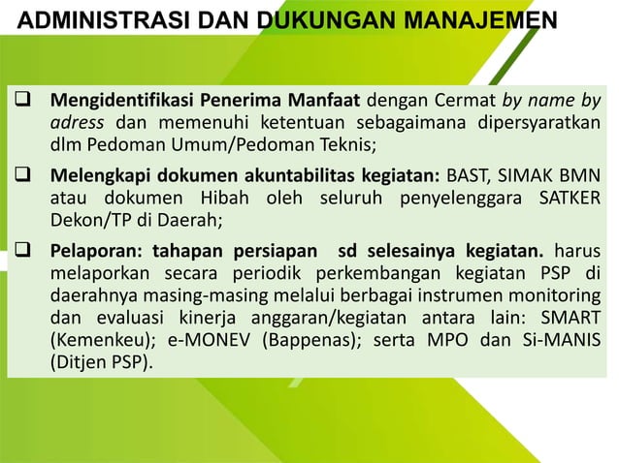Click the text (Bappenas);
pyautogui.click(x=299, y=344)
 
